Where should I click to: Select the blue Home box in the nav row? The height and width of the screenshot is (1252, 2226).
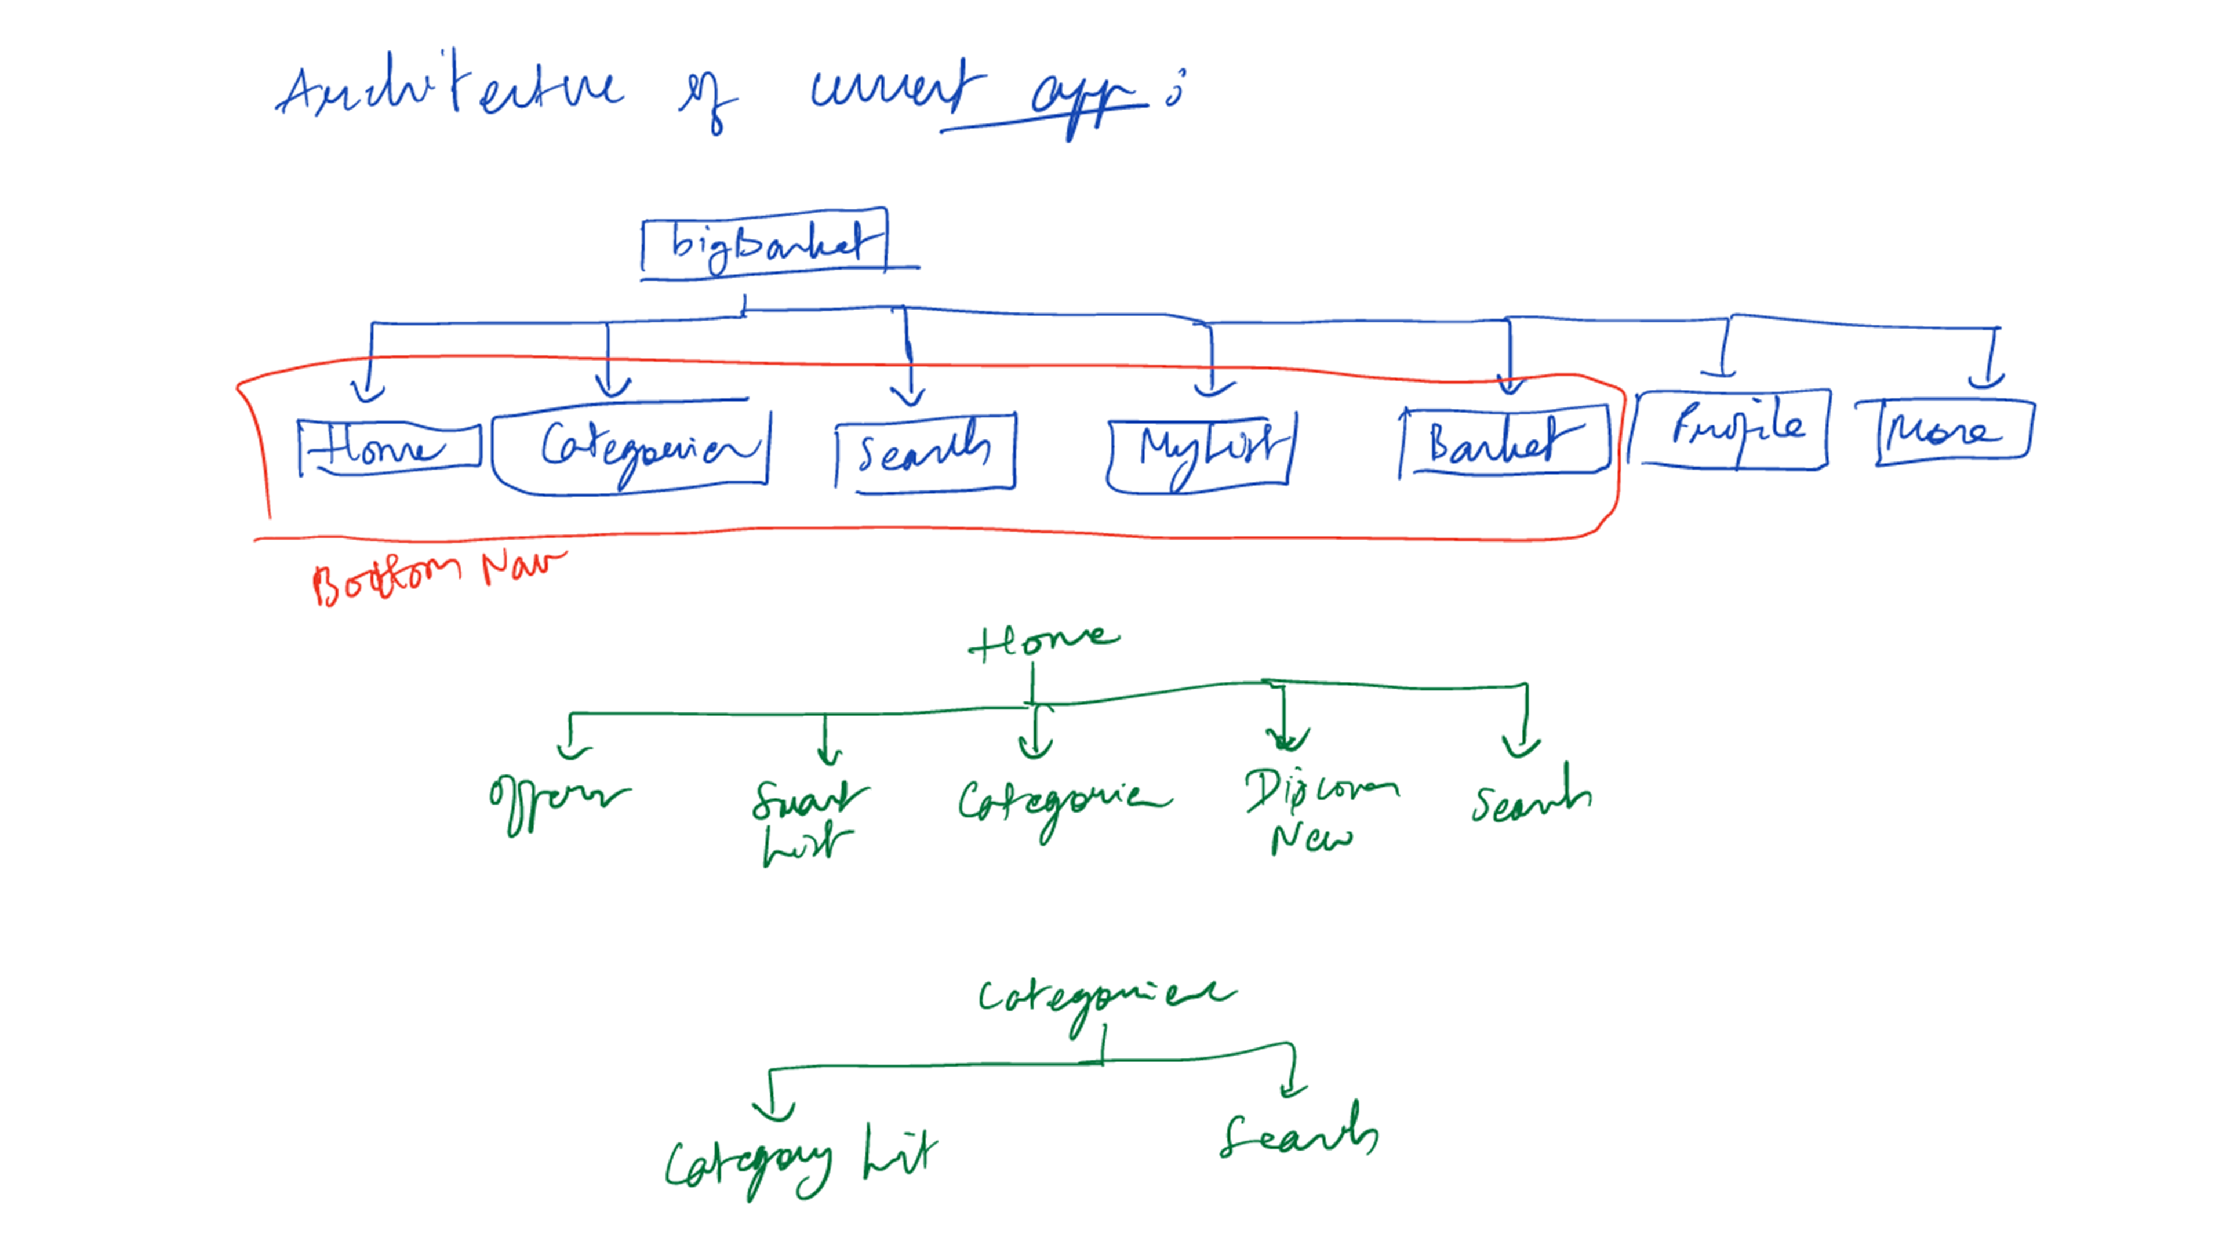pyautogui.click(x=389, y=447)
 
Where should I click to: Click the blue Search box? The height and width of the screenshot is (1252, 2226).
pyautogui.click(x=925, y=451)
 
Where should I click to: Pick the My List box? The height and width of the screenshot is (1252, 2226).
pyautogui.click(x=1201, y=451)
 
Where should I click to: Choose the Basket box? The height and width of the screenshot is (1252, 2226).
pyautogui.click(x=1504, y=440)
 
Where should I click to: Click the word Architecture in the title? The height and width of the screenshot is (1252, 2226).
pyautogui.click(x=449, y=91)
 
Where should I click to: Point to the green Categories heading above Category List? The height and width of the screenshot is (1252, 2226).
pyautogui.click(x=1106, y=998)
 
